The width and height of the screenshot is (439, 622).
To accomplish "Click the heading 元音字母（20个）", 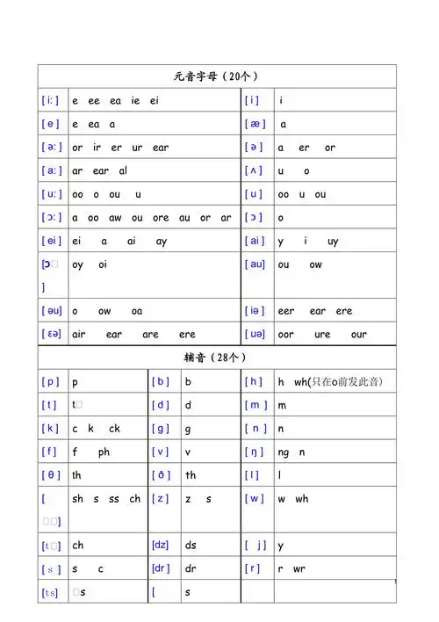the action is [x=216, y=76].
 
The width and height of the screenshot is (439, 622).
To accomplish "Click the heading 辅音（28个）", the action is [x=216, y=358].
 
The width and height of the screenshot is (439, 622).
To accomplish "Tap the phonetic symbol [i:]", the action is [x=51, y=101].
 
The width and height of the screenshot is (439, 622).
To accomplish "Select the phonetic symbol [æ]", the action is [x=255, y=125].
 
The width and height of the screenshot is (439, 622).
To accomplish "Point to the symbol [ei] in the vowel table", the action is [x=51, y=241].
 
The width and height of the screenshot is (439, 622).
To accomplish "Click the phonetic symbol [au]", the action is [x=255, y=264].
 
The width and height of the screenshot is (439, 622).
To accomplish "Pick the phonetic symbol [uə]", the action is [x=255, y=334].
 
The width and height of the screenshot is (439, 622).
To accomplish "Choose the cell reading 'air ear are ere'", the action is [x=133, y=334].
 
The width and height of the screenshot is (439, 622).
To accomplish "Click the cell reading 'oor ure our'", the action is [x=322, y=334].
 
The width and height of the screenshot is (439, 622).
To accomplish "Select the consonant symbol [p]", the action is [x=51, y=382].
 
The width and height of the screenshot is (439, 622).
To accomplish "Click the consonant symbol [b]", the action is [x=161, y=382].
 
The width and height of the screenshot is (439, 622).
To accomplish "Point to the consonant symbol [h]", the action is [x=255, y=382].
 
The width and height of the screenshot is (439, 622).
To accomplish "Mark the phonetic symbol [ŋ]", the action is [x=255, y=452].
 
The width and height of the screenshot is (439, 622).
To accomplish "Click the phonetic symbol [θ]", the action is [x=51, y=475].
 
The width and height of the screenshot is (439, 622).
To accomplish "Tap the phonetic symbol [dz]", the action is [x=161, y=545].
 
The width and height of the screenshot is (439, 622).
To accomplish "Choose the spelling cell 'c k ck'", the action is [x=97, y=429].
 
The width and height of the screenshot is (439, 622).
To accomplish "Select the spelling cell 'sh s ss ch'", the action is [x=106, y=499].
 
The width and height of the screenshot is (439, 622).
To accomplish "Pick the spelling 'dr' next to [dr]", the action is [x=191, y=568].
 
